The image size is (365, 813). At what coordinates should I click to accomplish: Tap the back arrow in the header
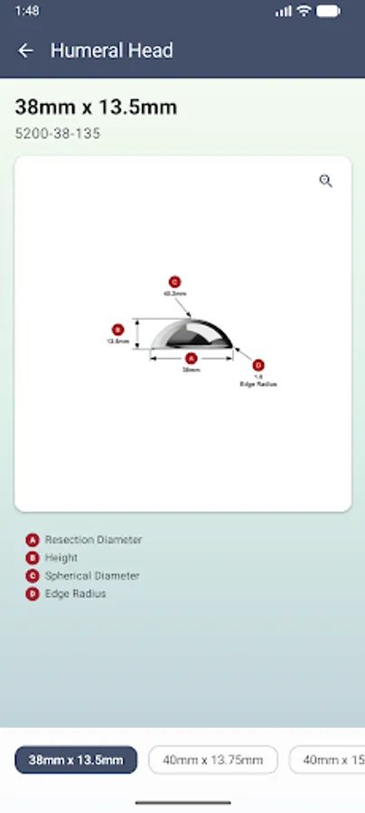25,51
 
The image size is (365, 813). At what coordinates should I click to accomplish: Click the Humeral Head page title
111,51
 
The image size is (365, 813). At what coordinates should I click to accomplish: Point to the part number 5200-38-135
58,134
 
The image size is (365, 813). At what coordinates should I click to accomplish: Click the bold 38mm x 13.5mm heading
96,107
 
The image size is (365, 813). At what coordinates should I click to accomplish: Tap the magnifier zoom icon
326,181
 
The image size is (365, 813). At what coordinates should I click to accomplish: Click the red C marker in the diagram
174,282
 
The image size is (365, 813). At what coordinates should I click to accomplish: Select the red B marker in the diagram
117,330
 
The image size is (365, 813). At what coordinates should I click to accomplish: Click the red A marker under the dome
191,358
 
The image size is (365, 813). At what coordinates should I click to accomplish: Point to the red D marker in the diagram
258,365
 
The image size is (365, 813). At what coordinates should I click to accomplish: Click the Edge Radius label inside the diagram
258,384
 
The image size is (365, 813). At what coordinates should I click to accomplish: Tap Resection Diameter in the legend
93,539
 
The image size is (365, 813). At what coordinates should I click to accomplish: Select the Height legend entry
61,557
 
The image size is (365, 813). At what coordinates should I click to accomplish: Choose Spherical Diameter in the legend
92,575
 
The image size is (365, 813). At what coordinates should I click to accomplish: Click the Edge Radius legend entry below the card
75,593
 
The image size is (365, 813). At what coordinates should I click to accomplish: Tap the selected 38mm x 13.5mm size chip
76,760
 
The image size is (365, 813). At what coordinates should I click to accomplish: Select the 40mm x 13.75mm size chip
212,760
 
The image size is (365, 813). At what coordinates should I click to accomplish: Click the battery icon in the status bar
331,11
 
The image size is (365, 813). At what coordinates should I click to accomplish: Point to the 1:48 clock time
27,11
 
